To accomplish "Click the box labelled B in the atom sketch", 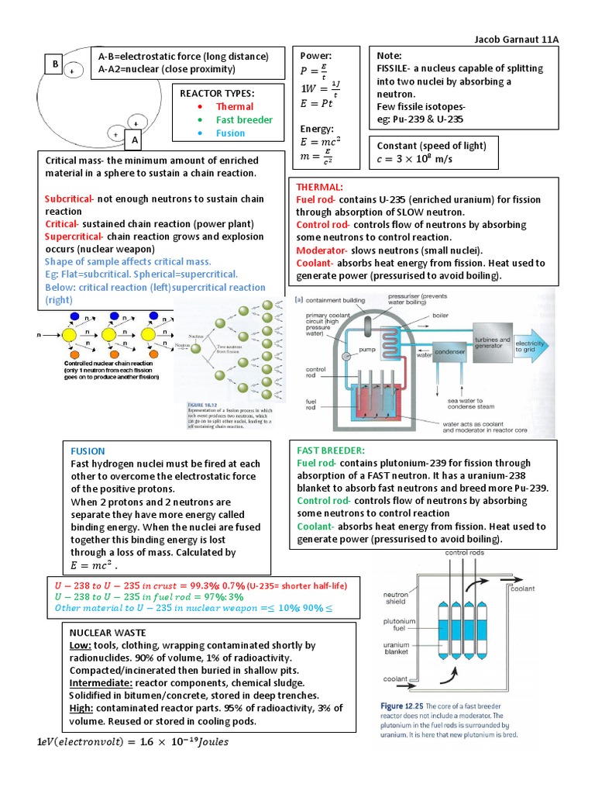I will click(56, 65).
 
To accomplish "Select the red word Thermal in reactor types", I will click(234, 106).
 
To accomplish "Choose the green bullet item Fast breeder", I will click(244, 119).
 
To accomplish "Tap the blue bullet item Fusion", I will click(230, 133).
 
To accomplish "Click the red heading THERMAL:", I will click(319, 187).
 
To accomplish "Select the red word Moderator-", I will click(322, 250).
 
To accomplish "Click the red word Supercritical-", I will click(74, 236).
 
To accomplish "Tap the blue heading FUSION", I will click(88, 451).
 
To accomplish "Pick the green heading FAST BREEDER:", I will click(331, 451).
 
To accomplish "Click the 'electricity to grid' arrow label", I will click(531, 347).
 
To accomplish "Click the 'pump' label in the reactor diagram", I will click(366, 350).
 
